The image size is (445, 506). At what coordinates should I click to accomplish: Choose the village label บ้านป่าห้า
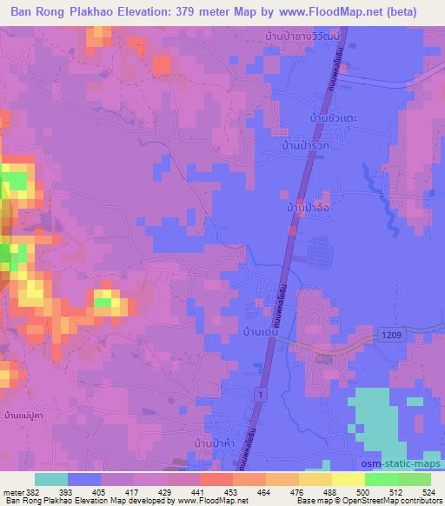click(x=214, y=443)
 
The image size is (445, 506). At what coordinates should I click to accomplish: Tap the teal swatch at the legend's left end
click(x=50, y=479)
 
